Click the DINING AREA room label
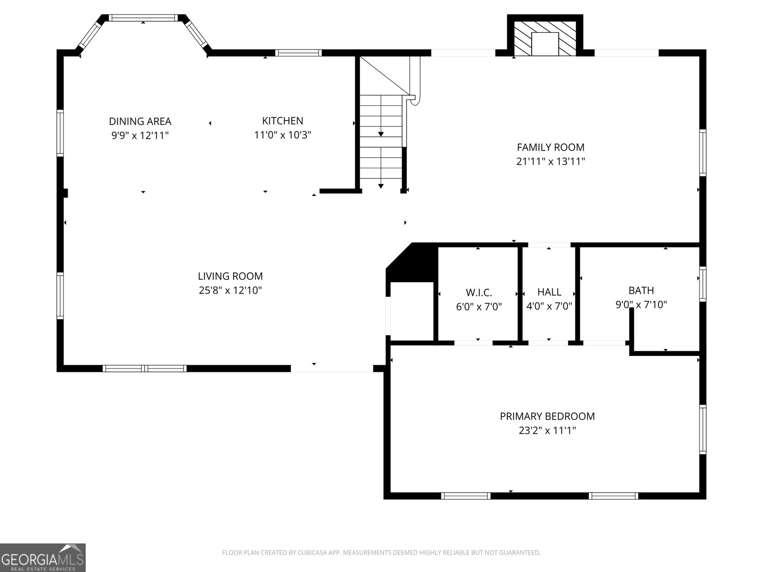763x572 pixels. coord(140,122)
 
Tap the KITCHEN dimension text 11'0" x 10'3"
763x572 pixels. coord(282,135)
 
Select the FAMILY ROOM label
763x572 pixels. coord(550,147)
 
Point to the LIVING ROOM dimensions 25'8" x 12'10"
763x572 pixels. coord(230,290)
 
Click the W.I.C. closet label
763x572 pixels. coord(478,293)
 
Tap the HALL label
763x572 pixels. coord(549,292)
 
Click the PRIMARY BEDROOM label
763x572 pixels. coord(547,416)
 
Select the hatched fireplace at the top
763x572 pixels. coord(545,37)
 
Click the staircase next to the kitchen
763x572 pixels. coord(381,138)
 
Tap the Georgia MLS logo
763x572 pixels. coord(42,557)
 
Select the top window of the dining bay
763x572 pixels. coord(143,18)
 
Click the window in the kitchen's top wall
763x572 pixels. coord(299,53)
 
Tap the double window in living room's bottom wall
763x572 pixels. coord(144,368)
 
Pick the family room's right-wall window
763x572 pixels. coord(702,152)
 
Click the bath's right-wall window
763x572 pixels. coord(702,284)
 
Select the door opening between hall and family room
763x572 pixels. coord(549,245)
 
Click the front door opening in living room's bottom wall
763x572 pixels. coord(331,368)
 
